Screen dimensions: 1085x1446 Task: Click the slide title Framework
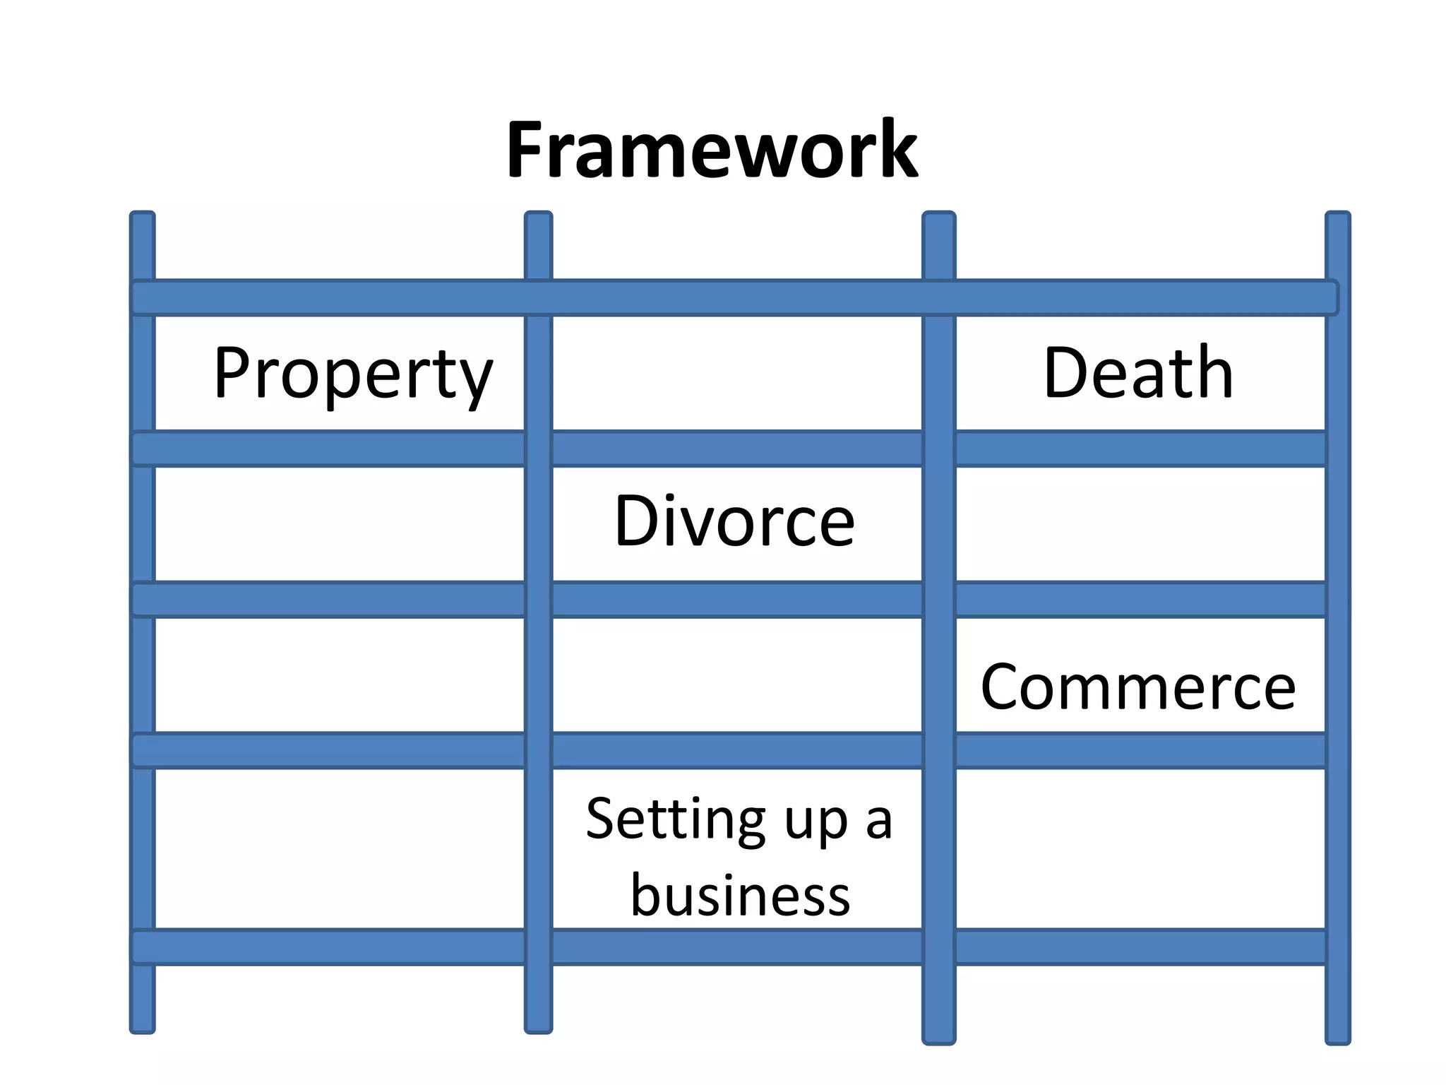(712, 150)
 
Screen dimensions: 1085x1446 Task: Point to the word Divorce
(734, 521)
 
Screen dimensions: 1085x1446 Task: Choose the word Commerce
(1138, 687)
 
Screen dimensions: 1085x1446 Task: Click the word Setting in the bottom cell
(674, 819)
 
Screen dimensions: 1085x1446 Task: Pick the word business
(740, 896)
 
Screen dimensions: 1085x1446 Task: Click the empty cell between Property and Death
(737, 373)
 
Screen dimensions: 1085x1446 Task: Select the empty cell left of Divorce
(339, 523)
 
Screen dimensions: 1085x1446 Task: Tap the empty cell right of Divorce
(1140, 523)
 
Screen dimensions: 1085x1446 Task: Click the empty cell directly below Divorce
(737, 675)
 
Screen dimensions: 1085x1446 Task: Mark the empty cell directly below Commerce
(1140, 848)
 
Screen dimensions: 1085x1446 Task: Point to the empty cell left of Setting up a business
(339, 848)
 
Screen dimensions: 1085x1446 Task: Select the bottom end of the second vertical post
(538, 1026)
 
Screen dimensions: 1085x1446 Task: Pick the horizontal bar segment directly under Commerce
(1140, 750)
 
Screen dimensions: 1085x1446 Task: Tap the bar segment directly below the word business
(737, 947)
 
